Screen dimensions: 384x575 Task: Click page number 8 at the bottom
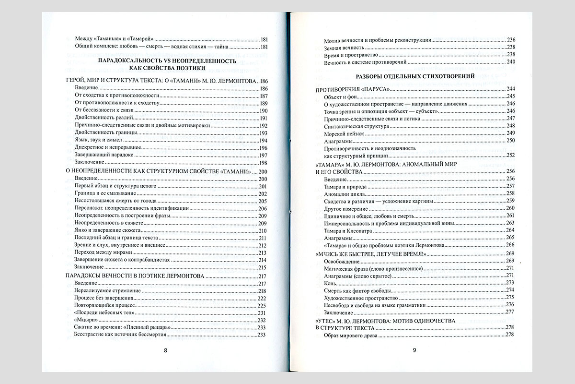pos(165,350)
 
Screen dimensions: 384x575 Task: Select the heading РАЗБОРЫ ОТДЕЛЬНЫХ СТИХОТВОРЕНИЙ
pos(415,76)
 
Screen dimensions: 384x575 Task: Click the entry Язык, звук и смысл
pos(100,141)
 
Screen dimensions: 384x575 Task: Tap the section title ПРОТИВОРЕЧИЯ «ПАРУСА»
pos(352,89)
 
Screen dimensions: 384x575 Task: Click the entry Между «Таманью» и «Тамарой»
pos(113,39)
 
